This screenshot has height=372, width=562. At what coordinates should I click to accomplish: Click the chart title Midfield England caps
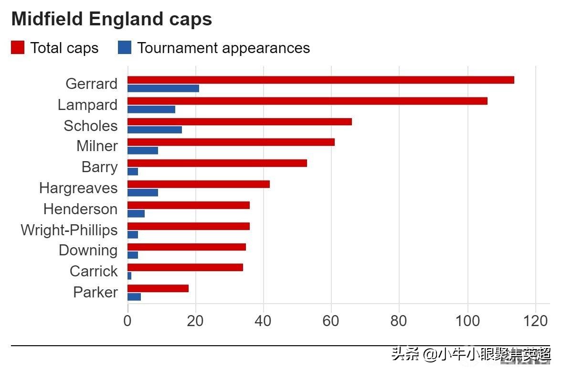click(x=112, y=20)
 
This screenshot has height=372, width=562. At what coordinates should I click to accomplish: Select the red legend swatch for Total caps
click(x=18, y=48)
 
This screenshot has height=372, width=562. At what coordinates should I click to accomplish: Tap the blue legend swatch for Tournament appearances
click(x=125, y=48)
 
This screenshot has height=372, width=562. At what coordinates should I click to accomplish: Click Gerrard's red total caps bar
click(x=320, y=80)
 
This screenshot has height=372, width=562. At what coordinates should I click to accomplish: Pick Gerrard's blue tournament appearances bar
click(x=163, y=88)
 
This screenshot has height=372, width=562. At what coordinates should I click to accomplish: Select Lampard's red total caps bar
click(x=307, y=101)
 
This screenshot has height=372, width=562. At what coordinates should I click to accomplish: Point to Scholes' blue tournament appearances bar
click(x=154, y=130)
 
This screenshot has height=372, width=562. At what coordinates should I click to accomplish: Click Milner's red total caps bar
click(x=231, y=142)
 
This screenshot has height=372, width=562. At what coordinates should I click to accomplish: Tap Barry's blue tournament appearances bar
click(x=133, y=172)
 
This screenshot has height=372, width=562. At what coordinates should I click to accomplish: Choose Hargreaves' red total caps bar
click(x=198, y=184)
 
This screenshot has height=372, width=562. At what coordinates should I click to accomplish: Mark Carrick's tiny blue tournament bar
click(x=129, y=276)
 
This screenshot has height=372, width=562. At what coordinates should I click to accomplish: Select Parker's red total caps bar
click(x=158, y=288)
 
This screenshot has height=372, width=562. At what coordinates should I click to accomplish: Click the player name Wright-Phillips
click(x=69, y=230)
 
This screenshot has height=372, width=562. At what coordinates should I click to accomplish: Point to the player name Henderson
click(x=80, y=209)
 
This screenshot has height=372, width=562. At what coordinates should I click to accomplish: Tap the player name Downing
click(x=88, y=251)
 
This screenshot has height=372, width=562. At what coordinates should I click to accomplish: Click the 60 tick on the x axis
click(x=331, y=321)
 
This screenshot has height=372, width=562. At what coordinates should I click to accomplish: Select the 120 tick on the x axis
click(x=536, y=321)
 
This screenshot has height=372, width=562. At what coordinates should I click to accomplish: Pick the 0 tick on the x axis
click(x=127, y=321)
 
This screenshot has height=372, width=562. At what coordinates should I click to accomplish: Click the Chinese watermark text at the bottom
click(x=471, y=354)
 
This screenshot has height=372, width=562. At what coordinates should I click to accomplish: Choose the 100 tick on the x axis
click(x=467, y=321)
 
